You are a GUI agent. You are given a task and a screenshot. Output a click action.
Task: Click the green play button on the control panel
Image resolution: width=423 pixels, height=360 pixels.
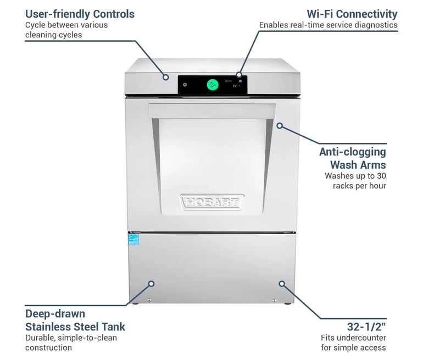point(212,85)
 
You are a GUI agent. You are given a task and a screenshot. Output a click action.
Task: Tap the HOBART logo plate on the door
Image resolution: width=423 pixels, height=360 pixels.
point(212,202)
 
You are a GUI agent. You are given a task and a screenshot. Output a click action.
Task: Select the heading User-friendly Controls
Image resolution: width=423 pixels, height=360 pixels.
point(80,14)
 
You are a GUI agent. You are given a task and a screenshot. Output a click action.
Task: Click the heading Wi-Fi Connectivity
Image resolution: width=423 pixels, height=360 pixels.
point(352,14)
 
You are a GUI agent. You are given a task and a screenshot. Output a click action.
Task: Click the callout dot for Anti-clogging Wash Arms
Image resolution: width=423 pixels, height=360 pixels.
point(279,126)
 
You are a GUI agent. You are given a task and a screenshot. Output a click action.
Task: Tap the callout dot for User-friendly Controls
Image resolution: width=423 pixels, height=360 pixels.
point(165,77)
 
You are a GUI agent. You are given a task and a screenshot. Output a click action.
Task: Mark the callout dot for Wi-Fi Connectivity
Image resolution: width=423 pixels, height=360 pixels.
point(239,74)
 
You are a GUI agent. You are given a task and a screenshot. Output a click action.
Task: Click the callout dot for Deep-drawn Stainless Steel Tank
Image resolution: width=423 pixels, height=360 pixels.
point(152,284)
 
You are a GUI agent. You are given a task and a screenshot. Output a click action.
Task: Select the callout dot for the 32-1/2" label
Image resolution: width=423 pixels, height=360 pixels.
point(282,284)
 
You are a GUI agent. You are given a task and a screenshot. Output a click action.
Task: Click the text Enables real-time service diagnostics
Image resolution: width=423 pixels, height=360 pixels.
point(328,25)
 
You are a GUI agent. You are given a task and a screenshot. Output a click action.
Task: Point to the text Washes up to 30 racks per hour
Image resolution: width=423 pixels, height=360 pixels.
point(355,181)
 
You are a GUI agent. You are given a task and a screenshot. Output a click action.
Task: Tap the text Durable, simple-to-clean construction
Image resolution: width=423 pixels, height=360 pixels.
point(71,342)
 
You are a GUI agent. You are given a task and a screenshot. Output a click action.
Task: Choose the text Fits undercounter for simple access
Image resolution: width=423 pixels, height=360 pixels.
point(353,342)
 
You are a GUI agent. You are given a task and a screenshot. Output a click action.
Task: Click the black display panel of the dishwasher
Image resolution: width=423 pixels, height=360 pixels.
point(212,85)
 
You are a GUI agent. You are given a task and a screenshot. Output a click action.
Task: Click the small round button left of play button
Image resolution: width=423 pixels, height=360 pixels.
point(185,85)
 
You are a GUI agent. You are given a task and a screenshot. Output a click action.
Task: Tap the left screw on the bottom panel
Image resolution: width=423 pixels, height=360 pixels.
point(149,300)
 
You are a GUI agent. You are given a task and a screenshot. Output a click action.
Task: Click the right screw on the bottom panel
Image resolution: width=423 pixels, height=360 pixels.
point(274,300)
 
